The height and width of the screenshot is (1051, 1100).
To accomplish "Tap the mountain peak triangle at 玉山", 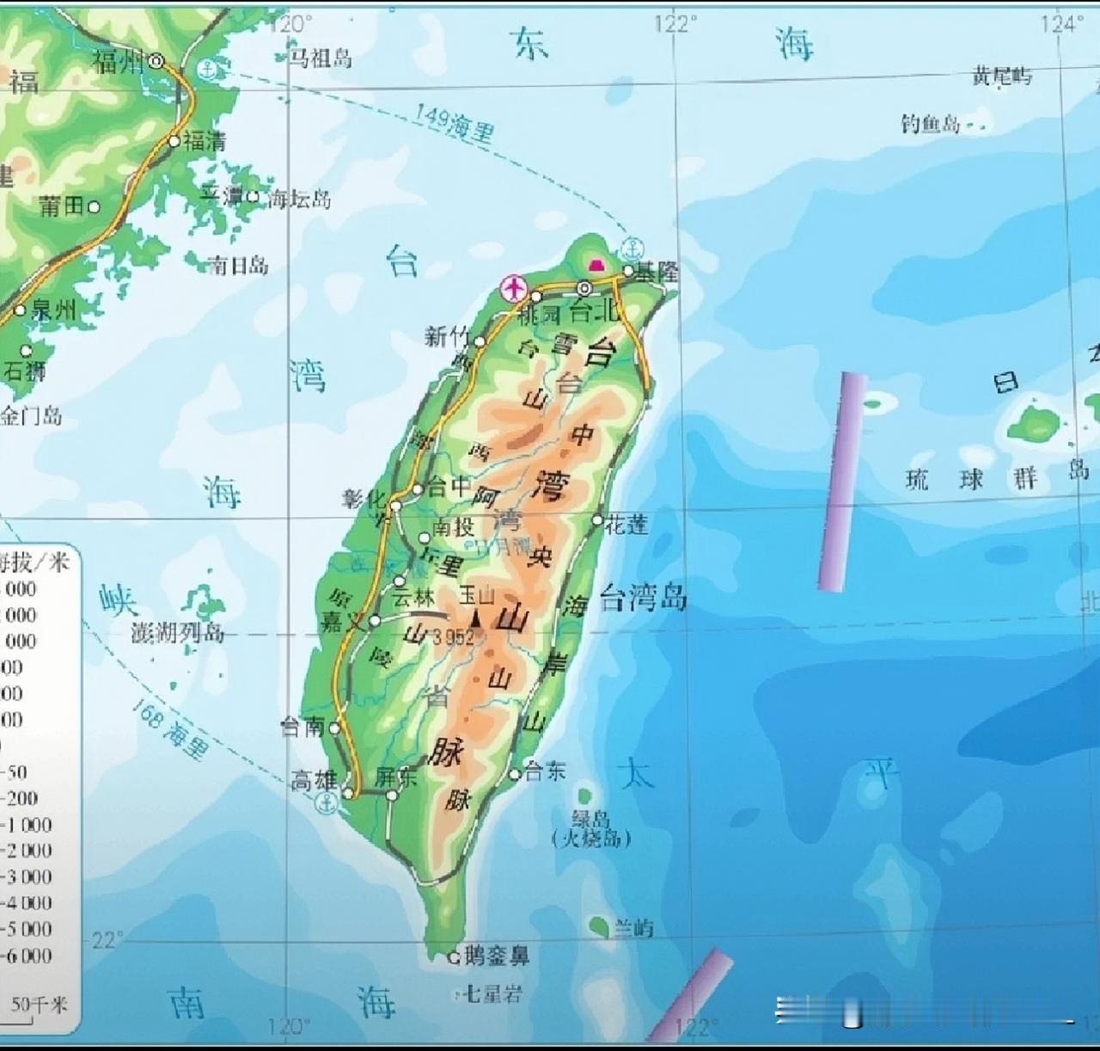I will pos(475,616).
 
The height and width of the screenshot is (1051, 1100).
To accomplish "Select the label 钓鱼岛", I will pos(931,124).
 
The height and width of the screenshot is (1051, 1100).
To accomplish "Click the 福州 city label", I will pos(119,62).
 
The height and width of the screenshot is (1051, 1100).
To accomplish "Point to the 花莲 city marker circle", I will pos(598,519).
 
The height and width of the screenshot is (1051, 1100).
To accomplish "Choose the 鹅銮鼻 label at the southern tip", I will pos(497,955).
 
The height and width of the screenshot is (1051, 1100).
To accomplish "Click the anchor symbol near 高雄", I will pos(326,804).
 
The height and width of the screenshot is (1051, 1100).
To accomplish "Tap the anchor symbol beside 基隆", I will pos(632,248).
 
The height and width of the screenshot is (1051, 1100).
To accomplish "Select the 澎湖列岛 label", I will pos(178,634).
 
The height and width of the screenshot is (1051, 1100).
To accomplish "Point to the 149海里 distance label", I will pos(454,123).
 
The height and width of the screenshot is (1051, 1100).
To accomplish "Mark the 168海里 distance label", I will pos(171,729).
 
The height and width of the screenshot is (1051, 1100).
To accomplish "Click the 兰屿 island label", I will pos(633,928).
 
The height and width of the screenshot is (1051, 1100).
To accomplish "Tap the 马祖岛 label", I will pos(320,58).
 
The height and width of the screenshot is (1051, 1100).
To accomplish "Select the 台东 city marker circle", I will pos(516,774).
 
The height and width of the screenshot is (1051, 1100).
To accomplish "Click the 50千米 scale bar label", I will pos(40,1005).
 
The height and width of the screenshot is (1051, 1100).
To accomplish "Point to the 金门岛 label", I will pos(32,417).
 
